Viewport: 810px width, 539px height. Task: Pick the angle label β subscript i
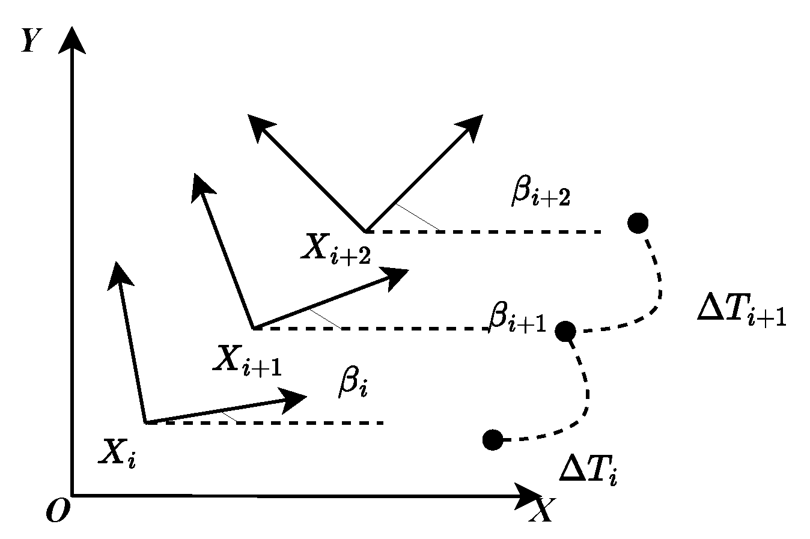[352, 384]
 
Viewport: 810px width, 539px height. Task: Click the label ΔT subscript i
[588, 469]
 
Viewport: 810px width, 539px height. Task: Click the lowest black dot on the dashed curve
[492, 440]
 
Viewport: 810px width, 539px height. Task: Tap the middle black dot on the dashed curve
[565, 330]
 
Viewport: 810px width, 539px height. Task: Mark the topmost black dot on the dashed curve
[638, 223]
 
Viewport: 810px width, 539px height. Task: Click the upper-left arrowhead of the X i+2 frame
[260, 126]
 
